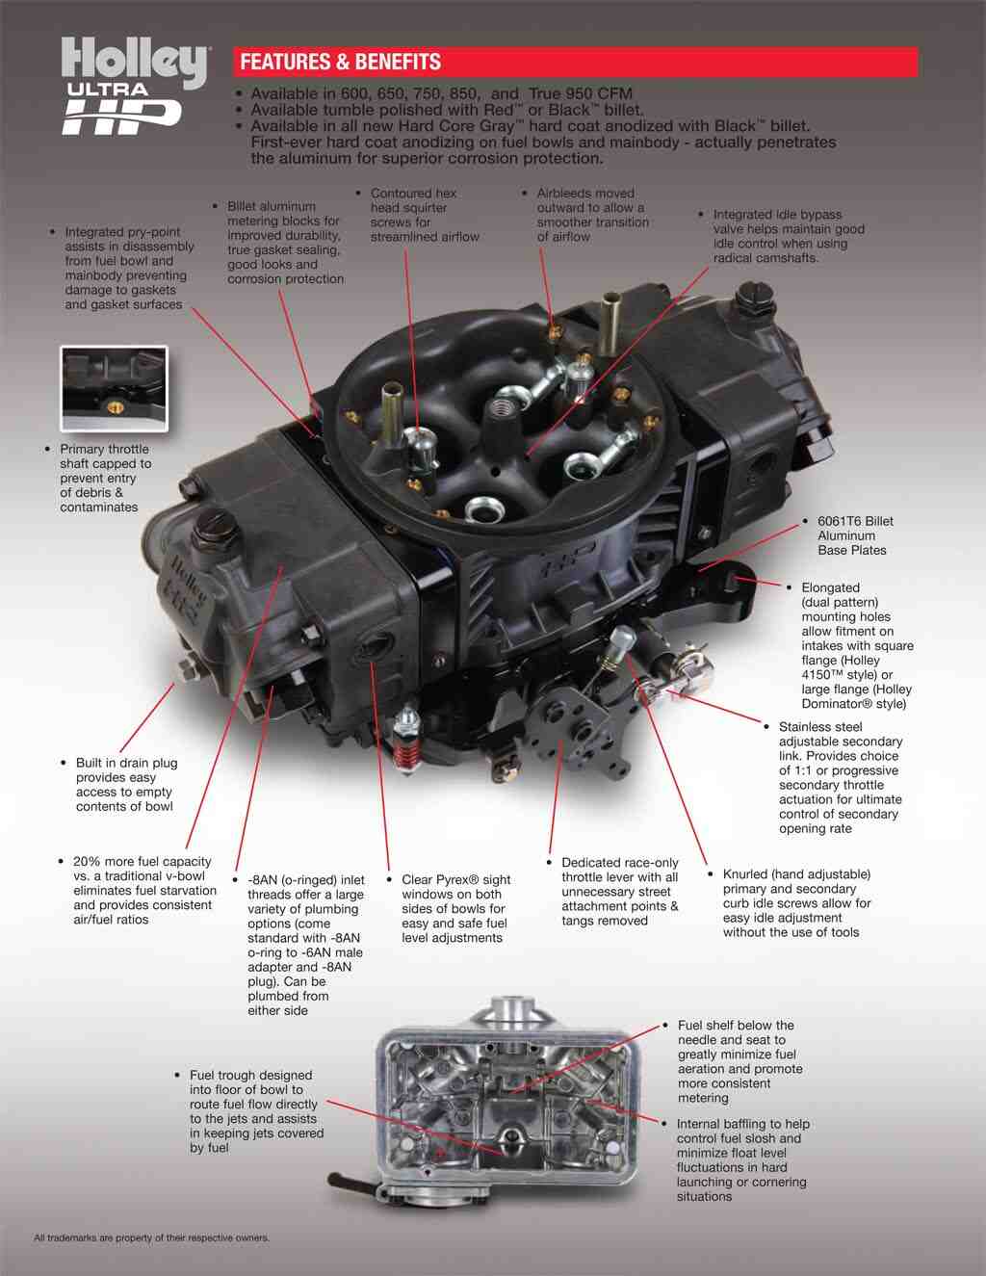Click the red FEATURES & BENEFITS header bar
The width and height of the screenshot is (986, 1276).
576,63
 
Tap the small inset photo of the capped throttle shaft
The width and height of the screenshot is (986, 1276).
115,388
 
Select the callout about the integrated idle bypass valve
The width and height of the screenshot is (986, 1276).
788,236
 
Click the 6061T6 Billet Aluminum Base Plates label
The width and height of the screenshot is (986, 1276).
853,535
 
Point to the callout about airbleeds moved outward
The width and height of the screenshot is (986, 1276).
591,215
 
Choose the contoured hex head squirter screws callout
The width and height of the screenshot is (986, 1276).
424,215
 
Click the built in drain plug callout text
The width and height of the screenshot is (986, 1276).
126,784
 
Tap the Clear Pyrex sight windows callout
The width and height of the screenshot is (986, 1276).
454,908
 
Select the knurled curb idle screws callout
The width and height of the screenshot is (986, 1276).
795,902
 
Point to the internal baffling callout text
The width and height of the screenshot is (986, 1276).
741,1159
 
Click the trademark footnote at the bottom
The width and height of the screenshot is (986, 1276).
151,1237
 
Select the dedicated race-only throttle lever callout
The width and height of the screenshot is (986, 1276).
619,891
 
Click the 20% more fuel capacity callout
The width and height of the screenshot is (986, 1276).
143,890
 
